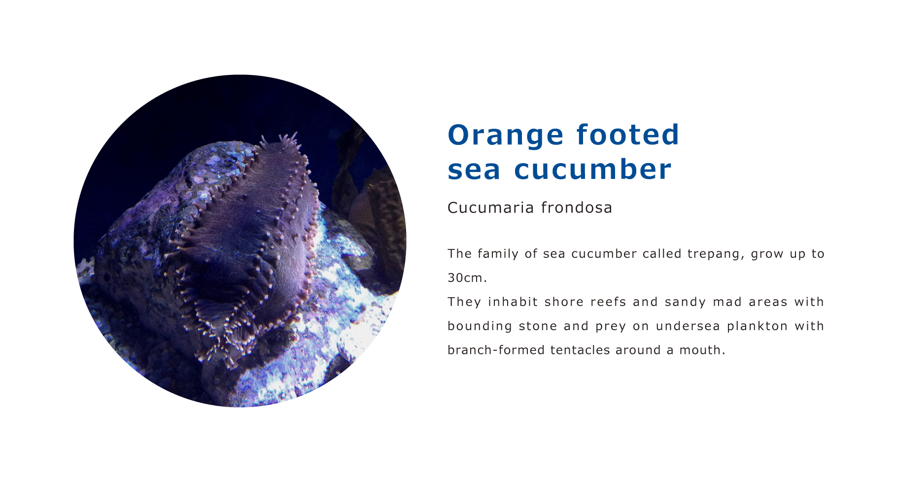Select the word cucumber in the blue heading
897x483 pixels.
(592, 169)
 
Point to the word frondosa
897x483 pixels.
(577, 207)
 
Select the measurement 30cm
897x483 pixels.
(467, 278)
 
